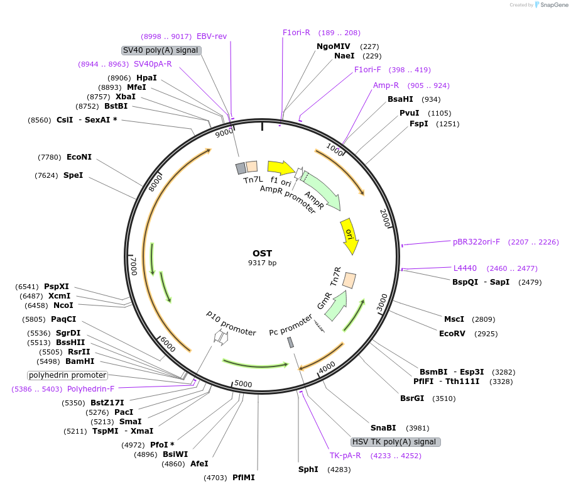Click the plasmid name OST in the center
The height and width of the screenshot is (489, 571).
[x=262, y=253]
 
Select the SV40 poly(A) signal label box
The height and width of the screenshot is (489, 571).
[x=161, y=50]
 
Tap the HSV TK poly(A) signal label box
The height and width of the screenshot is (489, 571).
[x=395, y=442]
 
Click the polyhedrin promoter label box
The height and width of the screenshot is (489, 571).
[x=67, y=375]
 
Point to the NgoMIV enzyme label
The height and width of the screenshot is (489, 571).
[x=334, y=47]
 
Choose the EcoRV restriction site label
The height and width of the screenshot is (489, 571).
[x=452, y=333]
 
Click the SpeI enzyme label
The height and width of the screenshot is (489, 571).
[x=73, y=175]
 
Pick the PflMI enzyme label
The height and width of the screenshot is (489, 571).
[x=244, y=478]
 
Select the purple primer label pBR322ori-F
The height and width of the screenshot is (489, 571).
[x=477, y=241]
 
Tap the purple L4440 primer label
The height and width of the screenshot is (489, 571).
[x=465, y=268]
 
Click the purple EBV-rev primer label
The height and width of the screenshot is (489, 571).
[x=212, y=36]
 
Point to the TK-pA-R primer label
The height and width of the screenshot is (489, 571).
[x=345, y=456]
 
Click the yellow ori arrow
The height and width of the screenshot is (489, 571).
[x=350, y=236]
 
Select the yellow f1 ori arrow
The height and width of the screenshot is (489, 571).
[x=280, y=168]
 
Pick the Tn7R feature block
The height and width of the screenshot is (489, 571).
[x=349, y=280]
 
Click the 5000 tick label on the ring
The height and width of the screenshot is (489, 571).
[x=243, y=384]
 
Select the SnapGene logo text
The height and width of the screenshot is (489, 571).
[x=552, y=5]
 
